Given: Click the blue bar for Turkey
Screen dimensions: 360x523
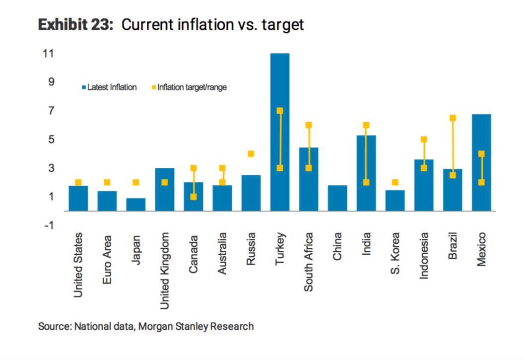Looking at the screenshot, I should pyautogui.click(x=280, y=132).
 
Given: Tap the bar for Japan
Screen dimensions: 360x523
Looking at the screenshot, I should pyautogui.click(x=136, y=205).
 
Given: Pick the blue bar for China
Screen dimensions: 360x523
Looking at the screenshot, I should pyautogui.click(x=337, y=198).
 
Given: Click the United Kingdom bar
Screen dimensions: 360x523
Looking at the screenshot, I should pyautogui.click(x=165, y=190).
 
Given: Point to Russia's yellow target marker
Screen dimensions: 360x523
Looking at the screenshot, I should pyautogui.click(x=251, y=154).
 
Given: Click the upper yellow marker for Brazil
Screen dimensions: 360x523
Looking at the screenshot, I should pyautogui.click(x=453, y=118).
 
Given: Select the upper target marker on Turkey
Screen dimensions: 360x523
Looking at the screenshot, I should pyautogui.click(x=280, y=111).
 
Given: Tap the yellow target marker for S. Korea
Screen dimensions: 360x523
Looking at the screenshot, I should pyautogui.click(x=395, y=182).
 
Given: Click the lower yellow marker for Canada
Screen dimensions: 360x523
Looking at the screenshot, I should pyautogui.click(x=194, y=197).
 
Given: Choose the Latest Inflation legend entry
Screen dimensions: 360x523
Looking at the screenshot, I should pyautogui.click(x=109, y=87).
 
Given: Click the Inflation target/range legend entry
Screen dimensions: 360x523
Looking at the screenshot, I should pyautogui.click(x=189, y=87).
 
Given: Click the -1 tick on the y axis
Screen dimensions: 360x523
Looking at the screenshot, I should pyautogui.click(x=48, y=225).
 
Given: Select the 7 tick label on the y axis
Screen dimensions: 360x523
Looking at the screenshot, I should pyautogui.click(x=51, y=110).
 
